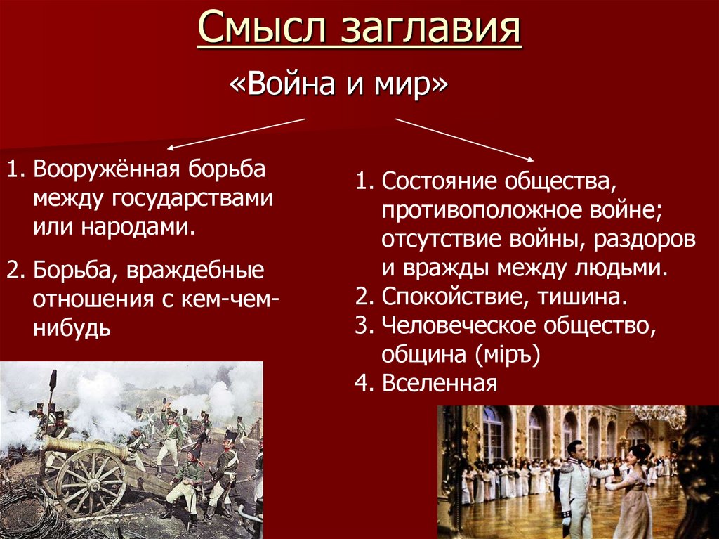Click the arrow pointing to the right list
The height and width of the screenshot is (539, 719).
click(464, 138)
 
